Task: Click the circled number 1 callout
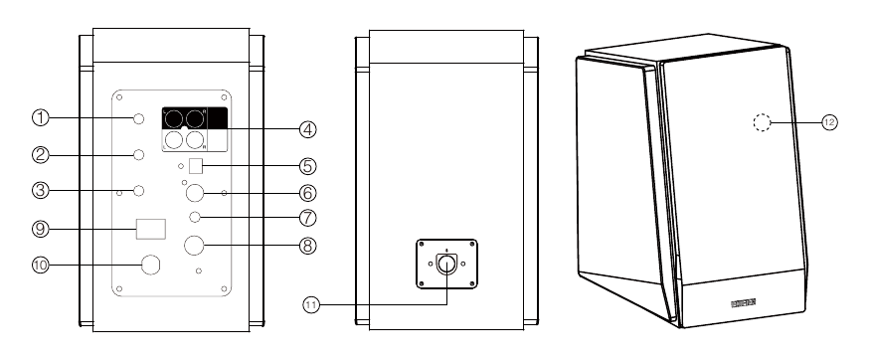click(x=40, y=118)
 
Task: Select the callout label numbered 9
click(x=40, y=229)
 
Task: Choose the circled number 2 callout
click(x=40, y=154)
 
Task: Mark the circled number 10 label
click(x=40, y=266)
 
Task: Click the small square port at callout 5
click(x=196, y=165)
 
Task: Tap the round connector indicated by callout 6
click(x=196, y=192)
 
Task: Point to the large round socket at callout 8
click(x=196, y=245)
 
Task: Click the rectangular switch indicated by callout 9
click(x=151, y=229)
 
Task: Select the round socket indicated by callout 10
click(x=152, y=266)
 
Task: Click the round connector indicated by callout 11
click(x=446, y=265)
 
